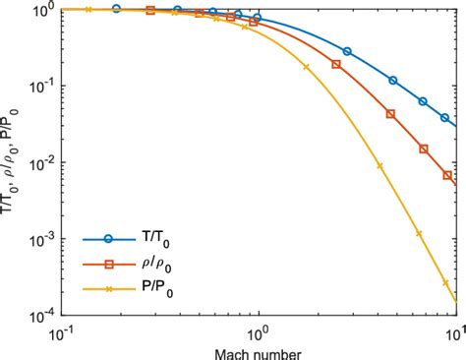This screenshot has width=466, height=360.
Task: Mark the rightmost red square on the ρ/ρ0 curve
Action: pos(448,176)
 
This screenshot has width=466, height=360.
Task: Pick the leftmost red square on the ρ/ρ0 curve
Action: pos(150,10)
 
